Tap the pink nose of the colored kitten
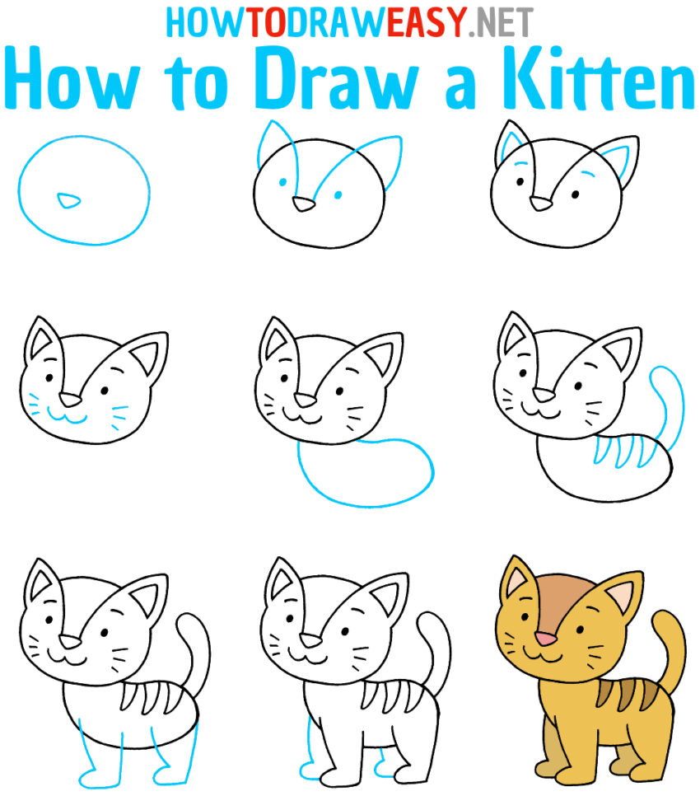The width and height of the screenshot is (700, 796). [x=543, y=638]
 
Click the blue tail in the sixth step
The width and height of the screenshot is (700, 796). [x=664, y=396]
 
